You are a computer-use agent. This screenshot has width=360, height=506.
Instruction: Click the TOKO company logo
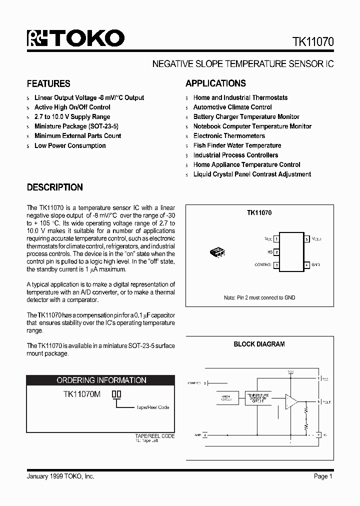[75, 38]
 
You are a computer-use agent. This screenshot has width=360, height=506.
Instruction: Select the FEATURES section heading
[48, 83]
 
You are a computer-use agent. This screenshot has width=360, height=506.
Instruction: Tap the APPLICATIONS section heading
[215, 83]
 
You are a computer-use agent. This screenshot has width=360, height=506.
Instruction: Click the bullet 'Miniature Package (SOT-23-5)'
[76, 126]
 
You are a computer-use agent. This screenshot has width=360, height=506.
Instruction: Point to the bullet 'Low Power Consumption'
[70, 145]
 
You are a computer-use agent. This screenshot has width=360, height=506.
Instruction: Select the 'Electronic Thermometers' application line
[229, 136]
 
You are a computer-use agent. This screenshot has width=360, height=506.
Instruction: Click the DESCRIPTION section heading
[54, 187]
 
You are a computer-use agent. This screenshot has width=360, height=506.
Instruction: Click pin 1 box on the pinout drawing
[276, 239]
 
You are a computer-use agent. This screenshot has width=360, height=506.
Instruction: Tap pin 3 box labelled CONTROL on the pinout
[276, 264]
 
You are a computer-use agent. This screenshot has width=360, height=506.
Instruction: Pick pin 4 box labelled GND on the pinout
[307, 264]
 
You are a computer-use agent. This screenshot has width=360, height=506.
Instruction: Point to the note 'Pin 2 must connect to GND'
[259, 297]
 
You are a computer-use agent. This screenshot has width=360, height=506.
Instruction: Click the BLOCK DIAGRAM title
[259, 344]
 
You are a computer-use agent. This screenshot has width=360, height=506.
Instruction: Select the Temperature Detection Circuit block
[257, 398]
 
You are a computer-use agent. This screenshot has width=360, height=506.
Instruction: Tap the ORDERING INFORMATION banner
[101, 380]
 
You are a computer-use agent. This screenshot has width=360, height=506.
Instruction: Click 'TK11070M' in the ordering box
[82, 394]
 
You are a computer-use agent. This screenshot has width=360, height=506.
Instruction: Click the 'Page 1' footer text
[323, 476]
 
